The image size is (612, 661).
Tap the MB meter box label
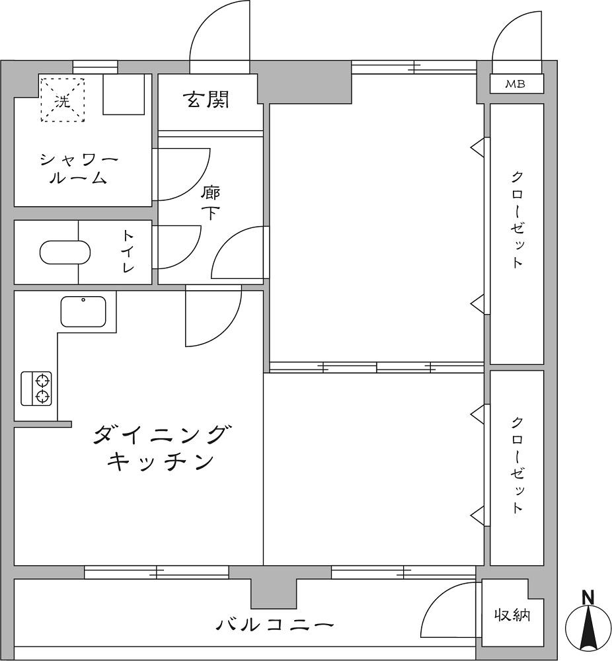pos(515,84)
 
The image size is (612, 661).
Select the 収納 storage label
pos(512,615)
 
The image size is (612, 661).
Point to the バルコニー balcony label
pos(274,624)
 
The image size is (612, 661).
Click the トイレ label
pos(128,251)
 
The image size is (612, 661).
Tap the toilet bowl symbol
pos(65,253)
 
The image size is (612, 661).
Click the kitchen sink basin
pos(83,311)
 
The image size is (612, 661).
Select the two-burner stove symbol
pos(36,389)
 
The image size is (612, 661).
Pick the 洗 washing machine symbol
pos(62,100)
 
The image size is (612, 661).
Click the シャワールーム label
pos(78,169)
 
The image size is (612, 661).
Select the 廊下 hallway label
pos(210,203)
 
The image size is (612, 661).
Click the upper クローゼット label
pos(517,219)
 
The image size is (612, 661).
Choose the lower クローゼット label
pos(517,465)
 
